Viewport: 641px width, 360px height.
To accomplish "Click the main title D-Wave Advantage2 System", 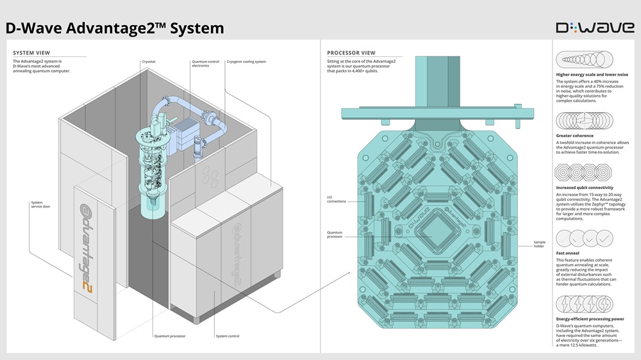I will click(115, 28).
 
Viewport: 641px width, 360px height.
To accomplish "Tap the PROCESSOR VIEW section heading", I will click(351, 53).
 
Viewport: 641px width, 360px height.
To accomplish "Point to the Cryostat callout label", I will click(149, 61).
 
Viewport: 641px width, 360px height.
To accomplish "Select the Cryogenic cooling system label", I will click(246, 61).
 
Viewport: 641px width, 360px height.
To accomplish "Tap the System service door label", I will click(41, 205).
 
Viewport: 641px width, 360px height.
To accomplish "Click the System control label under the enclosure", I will click(228, 336).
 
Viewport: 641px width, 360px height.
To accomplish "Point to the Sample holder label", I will click(539, 244).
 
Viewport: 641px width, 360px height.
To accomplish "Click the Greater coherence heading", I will click(574, 136).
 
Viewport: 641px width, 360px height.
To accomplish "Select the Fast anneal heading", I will click(567, 253).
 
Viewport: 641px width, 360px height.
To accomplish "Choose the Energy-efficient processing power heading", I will click(590, 318).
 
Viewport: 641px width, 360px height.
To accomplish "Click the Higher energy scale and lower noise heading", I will click(592, 74).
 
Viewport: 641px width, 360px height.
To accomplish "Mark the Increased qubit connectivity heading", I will click(587, 188).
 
